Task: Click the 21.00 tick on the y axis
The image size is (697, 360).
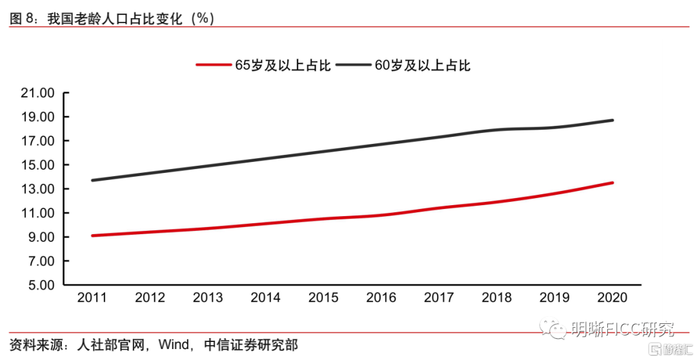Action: coord(37,94)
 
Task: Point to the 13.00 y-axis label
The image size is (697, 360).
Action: coord(37,189)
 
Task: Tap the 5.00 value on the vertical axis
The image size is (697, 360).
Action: coord(40,285)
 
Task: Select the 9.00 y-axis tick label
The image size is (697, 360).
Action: coord(40,237)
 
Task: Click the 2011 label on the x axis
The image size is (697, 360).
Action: coord(92,297)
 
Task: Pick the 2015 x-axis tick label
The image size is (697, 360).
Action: coord(323,297)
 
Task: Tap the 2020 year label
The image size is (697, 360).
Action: coord(612,297)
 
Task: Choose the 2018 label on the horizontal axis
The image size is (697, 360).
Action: coord(496,297)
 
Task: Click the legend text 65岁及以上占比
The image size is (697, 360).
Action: coord(283,65)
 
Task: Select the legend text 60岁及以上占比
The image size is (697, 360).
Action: coord(423,65)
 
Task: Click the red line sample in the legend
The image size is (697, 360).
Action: coord(214,65)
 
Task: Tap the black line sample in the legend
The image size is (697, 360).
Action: coord(354,65)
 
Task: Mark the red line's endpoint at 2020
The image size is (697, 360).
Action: coord(612,183)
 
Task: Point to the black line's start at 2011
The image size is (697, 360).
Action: coord(92,180)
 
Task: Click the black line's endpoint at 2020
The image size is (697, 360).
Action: coord(612,121)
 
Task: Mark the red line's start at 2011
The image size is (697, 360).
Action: coord(92,235)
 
